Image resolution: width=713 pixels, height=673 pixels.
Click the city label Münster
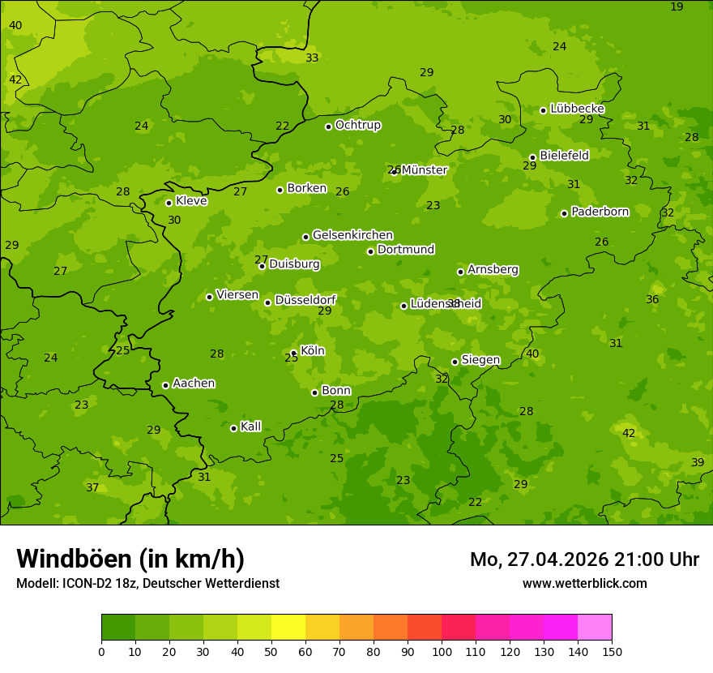point(424,170)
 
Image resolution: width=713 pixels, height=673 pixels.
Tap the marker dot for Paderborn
point(564,213)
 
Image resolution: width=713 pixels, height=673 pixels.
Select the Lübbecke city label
point(577,109)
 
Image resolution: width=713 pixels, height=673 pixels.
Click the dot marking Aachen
point(165,385)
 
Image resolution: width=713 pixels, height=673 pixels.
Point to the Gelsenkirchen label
point(352,235)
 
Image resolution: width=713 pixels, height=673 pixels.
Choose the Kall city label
point(250,427)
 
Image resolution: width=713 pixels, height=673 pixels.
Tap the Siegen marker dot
point(455,362)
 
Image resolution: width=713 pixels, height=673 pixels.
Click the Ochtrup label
point(357,125)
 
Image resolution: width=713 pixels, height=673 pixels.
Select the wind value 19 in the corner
point(677,6)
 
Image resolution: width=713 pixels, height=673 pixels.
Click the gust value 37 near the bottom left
point(92,487)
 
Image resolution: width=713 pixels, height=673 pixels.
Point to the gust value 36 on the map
point(652,299)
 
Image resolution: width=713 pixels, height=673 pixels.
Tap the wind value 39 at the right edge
point(698,462)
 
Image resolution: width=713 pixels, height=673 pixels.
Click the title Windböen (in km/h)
point(130,559)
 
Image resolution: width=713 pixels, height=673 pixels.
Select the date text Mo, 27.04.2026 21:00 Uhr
point(584,559)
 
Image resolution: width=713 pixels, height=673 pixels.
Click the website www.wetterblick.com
point(584,583)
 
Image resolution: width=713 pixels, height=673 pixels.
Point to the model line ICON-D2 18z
point(147,583)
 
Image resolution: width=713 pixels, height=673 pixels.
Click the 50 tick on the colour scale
point(271,651)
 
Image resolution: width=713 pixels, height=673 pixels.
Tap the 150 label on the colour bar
point(612,651)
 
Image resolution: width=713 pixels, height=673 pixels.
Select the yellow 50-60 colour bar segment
point(288,628)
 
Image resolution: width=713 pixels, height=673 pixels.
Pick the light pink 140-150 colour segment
point(595,628)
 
